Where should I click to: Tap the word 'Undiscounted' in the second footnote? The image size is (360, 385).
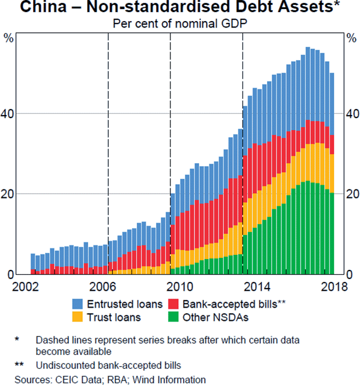click(64, 365)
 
